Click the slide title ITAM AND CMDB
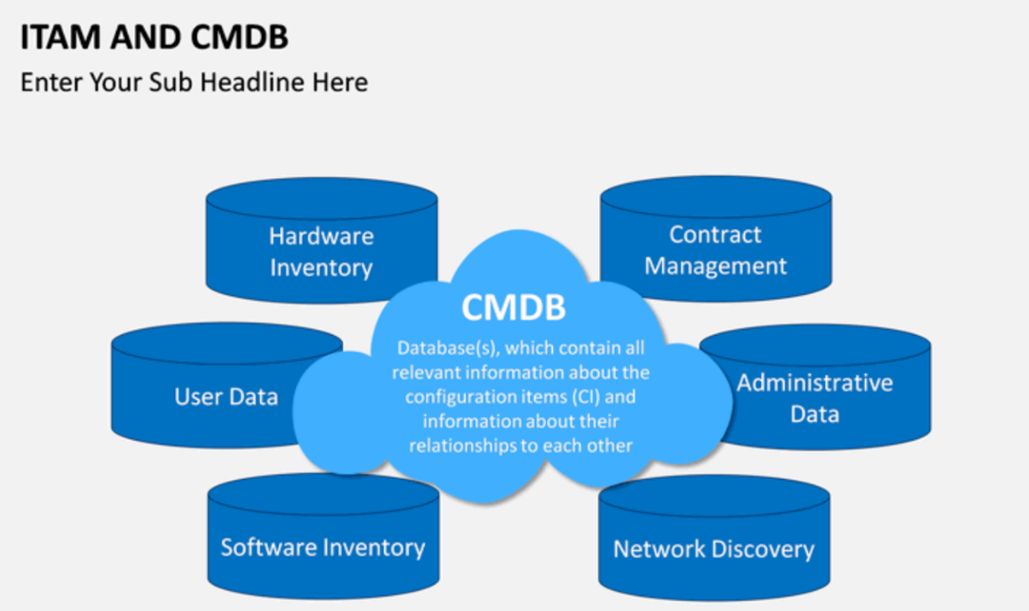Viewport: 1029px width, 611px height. tap(154, 37)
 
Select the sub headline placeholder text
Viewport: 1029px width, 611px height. tap(193, 83)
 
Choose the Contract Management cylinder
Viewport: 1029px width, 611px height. tap(716, 249)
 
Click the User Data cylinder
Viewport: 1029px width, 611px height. tap(226, 396)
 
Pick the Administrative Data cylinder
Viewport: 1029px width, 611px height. tap(816, 398)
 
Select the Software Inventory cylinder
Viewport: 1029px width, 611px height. tap(323, 547)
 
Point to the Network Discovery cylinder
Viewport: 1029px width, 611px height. tap(714, 549)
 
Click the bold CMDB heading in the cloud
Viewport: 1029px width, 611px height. tap(514, 307)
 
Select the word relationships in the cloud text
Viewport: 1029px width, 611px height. tap(463, 444)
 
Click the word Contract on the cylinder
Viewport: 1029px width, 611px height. tap(716, 234)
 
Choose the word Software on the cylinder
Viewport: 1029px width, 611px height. tap(270, 547)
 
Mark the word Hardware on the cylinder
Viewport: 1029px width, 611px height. tap(321, 236)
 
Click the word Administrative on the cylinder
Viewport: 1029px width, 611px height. tap(816, 383)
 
